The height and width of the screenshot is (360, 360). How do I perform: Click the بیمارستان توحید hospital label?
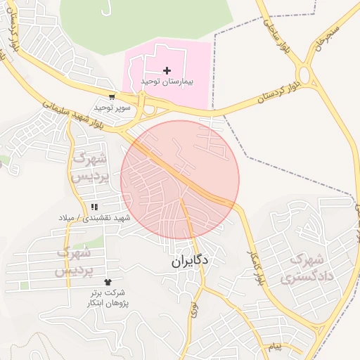[x=166, y=82]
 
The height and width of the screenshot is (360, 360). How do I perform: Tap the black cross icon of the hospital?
[x=167, y=70]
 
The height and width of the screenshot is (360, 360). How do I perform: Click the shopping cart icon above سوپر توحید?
[x=112, y=96]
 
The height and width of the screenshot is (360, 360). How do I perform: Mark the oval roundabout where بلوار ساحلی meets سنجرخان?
[x=306, y=75]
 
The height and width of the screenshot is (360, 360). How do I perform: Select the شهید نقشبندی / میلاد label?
[x=95, y=218]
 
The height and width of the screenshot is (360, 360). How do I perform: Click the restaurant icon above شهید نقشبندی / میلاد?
[x=94, y=207]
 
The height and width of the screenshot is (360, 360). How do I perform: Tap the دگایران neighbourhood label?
[x=190, y=262]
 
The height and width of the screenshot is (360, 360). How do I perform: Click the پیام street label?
[x=274, y=347]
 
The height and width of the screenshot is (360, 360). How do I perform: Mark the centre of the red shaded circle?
[x=180, y=180]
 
